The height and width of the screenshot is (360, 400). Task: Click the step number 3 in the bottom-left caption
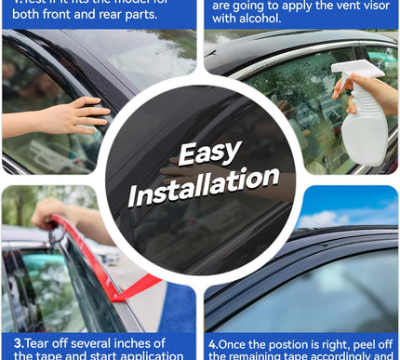(7, 343)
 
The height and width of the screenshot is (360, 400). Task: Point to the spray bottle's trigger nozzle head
(358, 71)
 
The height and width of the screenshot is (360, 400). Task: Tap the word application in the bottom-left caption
(148, 355)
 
